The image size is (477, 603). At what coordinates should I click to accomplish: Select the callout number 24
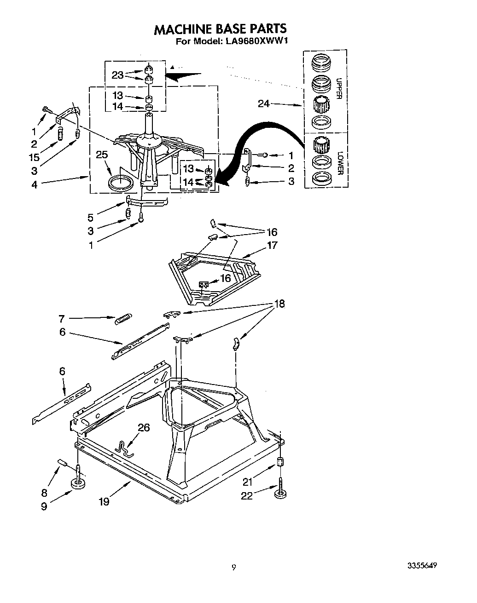(264, 104)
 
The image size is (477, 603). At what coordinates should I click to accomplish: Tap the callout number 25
(102, 155)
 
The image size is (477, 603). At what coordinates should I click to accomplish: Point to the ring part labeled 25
(120, 183)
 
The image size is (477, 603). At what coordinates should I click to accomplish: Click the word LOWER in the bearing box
(340, 163)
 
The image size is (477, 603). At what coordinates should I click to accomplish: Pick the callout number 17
(272, 245)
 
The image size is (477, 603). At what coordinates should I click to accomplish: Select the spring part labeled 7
(123, 318)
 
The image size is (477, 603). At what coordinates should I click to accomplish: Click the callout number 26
(144, 428)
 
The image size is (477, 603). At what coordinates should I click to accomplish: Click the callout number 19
(104, 501)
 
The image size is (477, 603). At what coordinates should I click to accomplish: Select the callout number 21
(247, 482)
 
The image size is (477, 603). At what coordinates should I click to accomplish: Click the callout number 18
(279, 304)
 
